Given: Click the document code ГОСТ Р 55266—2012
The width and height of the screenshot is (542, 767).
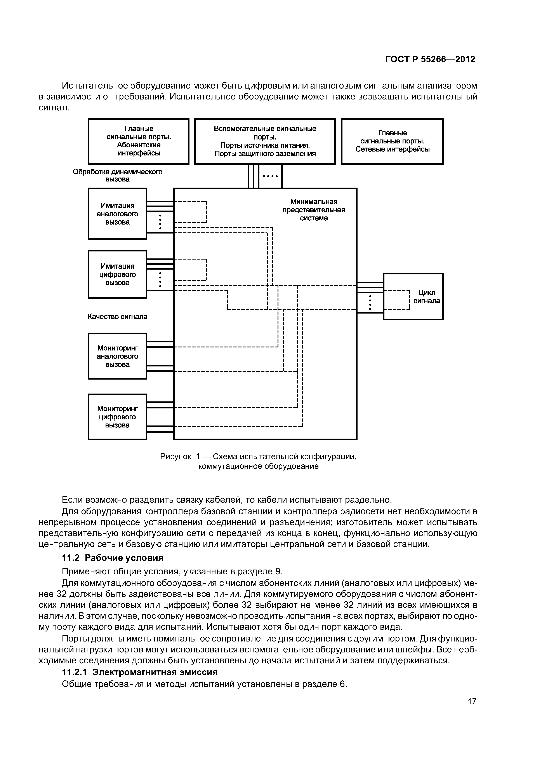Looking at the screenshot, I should click(x=430, y=59).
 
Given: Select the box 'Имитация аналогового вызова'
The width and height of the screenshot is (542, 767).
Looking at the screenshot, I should click(x=117, y=214).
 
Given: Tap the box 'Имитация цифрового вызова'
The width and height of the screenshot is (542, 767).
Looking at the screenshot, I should click(x=117, y=274).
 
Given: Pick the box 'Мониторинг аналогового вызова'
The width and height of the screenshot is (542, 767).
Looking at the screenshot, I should click(x=117, y=356).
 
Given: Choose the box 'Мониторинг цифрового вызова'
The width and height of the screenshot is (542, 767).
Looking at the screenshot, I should click(x=117, y=417).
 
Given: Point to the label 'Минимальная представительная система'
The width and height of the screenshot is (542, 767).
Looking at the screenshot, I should click(x=314, y=210).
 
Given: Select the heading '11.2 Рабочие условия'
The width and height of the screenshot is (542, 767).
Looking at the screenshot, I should click(x=113, y=558).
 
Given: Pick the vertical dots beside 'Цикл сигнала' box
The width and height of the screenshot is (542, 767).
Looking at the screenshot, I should click(x=370, y=303).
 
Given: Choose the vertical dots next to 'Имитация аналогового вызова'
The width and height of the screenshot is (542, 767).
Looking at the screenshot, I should click(x=160, y=222).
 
